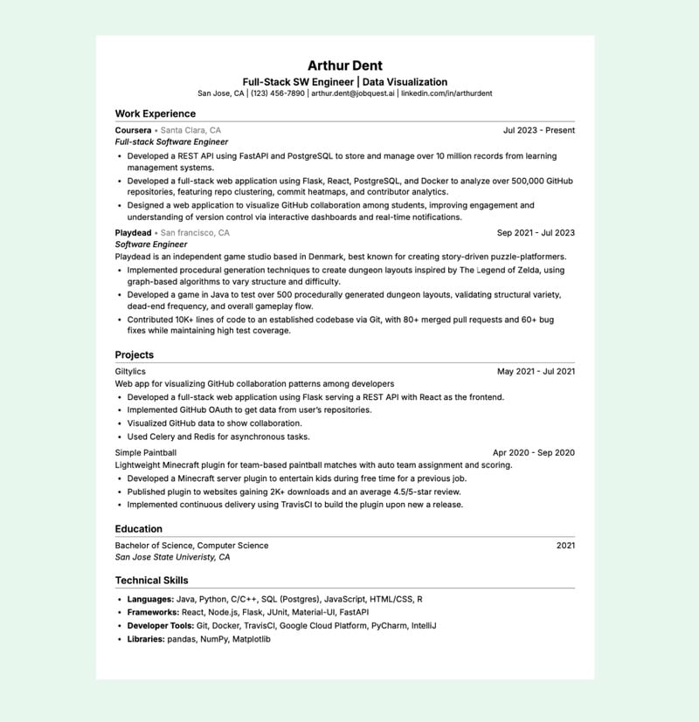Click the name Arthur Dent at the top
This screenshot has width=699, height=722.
coord(345,65)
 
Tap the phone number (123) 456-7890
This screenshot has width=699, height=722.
coord(278,93)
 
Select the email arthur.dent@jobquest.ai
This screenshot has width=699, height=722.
coord(353,93)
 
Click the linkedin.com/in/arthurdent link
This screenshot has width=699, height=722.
coord(446,93)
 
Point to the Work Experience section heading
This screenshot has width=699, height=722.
coord(156,113)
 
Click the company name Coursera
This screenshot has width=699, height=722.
coord(133,130)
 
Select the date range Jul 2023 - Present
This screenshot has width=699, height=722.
coord(539,130)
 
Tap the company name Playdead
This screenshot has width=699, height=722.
coord(134,233)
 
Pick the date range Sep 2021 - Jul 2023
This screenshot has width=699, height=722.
coord(536,233)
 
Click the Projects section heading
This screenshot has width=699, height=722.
coord(135,354)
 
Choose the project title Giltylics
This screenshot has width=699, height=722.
coord(130,372)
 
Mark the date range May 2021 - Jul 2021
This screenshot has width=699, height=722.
coord(536,372)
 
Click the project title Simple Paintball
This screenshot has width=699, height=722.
coord(146,453)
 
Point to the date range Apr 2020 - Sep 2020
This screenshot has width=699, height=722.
coord(534,453)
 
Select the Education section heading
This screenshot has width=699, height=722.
coord(139,528)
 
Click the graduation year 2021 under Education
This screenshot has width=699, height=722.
coord(565,546)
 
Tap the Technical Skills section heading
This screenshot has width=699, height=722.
coord(151,580)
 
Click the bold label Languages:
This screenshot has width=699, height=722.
coord(150,600)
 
